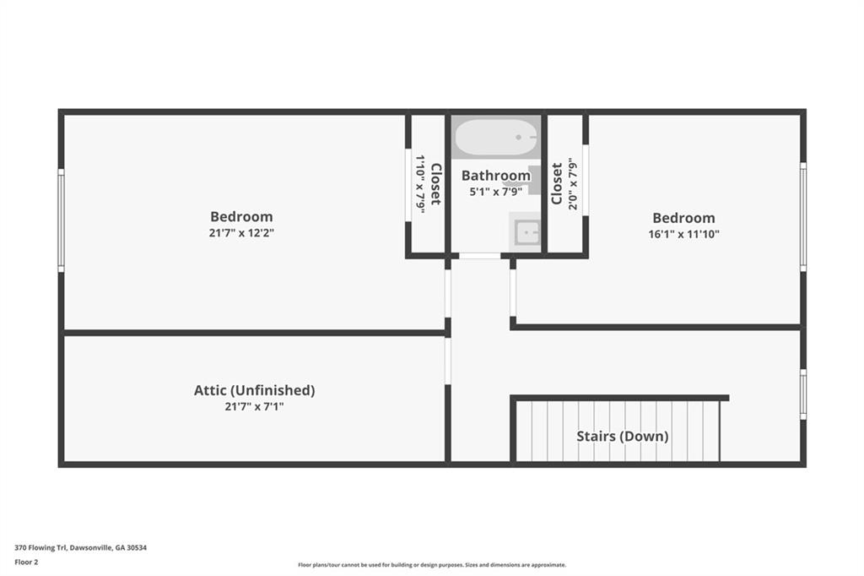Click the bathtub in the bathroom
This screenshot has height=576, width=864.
[x=495, y=138]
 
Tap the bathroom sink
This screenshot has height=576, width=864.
[x=526, y=231]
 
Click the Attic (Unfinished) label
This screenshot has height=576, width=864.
[x=254, y=390]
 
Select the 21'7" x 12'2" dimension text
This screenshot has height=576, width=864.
[x=242, y=232]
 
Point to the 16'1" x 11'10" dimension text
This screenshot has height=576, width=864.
[x=683, y=234]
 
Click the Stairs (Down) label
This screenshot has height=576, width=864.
[x=622, y=436]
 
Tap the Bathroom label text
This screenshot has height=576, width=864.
[x=495, y=176]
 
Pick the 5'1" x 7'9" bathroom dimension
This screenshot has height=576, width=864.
[x=495, y=192]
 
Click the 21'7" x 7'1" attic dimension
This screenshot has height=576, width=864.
[x=254, y=406]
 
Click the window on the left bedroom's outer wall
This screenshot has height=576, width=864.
[x=61, y=220]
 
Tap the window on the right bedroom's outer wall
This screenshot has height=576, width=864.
[x=803, y=217]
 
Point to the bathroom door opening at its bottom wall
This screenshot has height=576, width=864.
[x=479, y=255]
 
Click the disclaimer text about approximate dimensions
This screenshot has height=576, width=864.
[x=431, y=565]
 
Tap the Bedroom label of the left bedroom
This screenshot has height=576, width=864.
[x=241, y=216]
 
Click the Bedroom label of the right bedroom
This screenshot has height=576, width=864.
[x=683, y=218]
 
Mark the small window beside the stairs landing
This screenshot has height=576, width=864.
[x=803, y=394]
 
